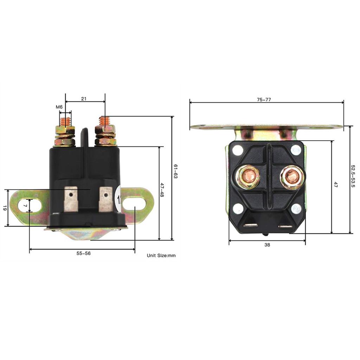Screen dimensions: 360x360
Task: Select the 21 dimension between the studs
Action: [84, 99]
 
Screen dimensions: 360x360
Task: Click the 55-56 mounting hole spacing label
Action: [84, 253]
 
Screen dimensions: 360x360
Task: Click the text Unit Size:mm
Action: [161, 256]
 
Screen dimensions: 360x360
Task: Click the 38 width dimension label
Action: [267, 245]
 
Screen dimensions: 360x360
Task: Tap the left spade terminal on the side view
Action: [71, 199]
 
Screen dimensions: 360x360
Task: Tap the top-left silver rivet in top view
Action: [238, 150]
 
